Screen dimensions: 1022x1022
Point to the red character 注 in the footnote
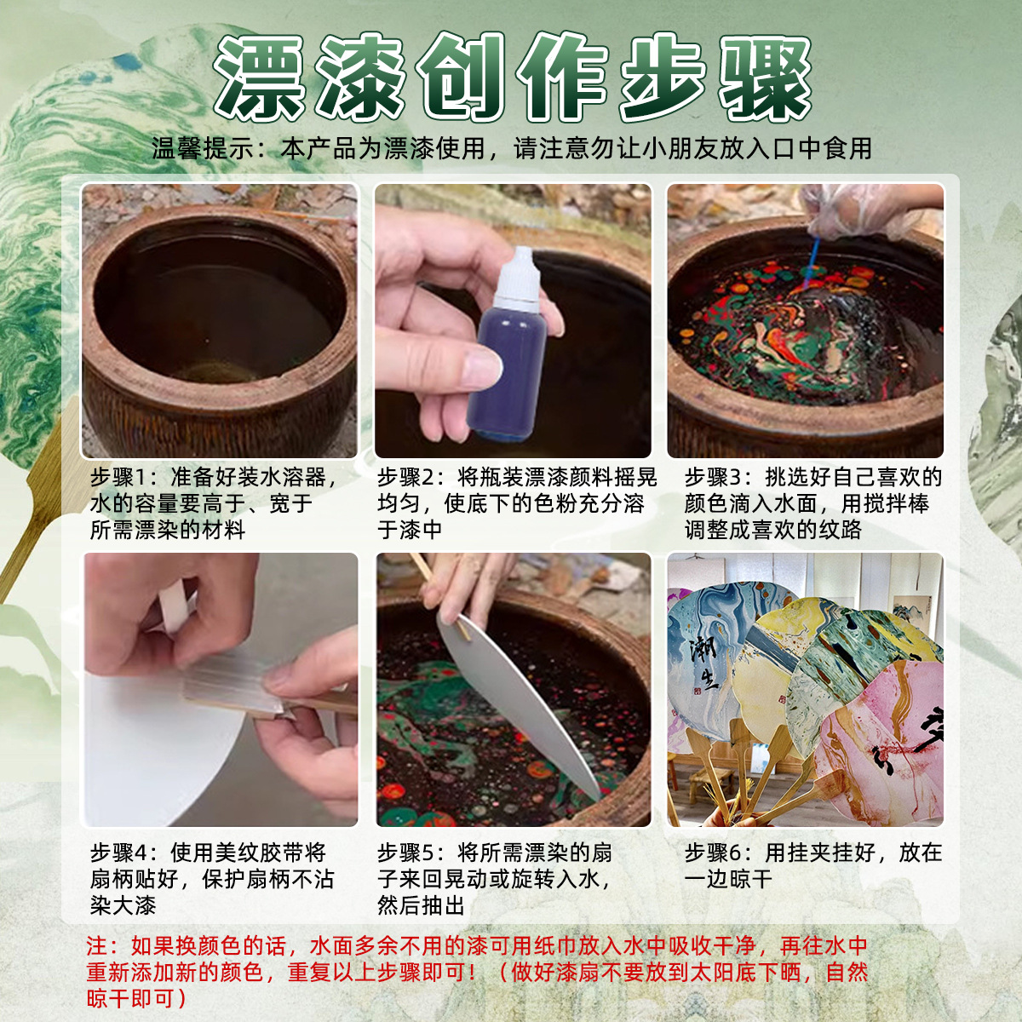[97, 946]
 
